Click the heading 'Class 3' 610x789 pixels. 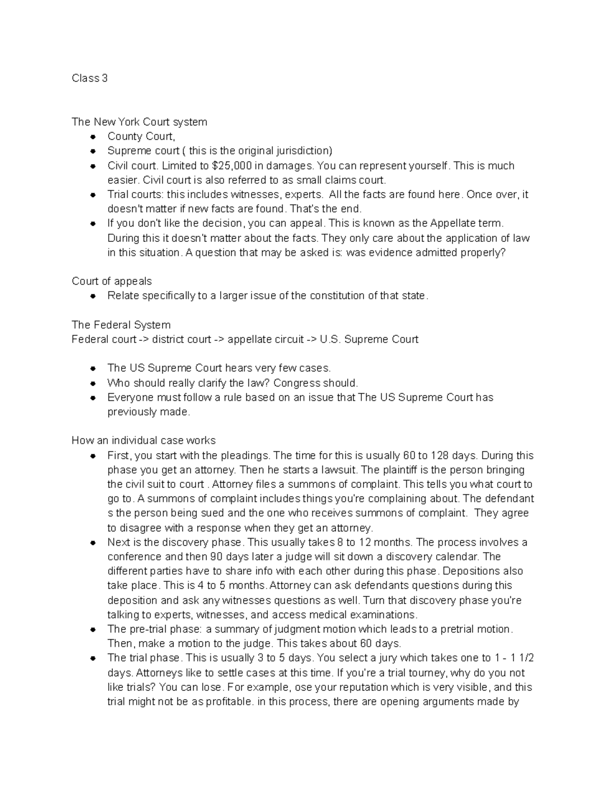pyautogui.click(x=89, y=78)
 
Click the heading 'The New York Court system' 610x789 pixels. pyautogui.click(x=139, y=122)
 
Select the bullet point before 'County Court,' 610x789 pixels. pyautogui.click(x=93, y=137)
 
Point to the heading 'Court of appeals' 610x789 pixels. pyautogui.click(x=112, y=281)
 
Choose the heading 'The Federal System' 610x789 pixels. pyautogui.click(x=121, y=325)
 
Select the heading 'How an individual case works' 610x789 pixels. pyautogui.click(x=144, y=440)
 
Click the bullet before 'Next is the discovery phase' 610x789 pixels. pyautogui.click(x=93, y=543)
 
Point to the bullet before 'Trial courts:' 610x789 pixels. pyautogui.click(x=93, y=195)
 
